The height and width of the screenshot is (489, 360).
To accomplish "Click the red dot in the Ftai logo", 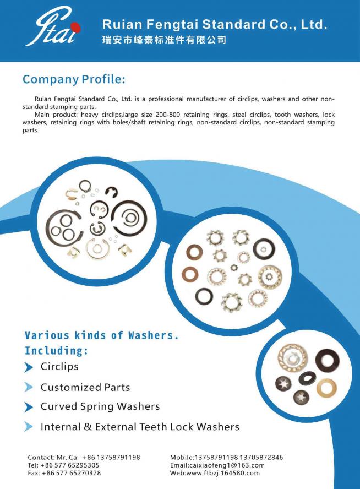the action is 75,28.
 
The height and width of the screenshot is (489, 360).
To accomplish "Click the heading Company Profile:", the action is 74,79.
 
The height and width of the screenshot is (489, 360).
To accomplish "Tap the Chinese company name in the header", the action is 164,40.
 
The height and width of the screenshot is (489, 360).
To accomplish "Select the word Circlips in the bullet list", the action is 59,366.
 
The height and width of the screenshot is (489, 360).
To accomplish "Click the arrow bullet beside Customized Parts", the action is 29,387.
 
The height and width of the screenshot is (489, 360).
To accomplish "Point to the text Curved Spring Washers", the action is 100,406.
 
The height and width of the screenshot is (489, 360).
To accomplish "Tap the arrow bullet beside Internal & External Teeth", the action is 29,426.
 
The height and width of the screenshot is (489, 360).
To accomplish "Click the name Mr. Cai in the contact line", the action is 68,458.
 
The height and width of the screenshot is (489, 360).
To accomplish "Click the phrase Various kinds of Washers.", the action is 102,335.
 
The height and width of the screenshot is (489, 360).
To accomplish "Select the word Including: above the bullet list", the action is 56,351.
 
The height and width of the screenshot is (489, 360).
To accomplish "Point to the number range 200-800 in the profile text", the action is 168,115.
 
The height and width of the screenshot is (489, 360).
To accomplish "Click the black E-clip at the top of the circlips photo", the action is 111,192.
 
